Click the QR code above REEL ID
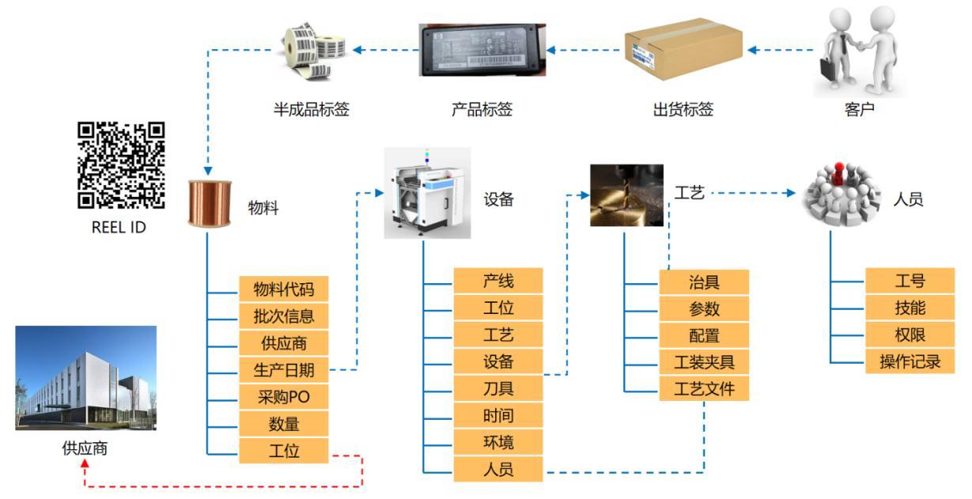[121, 164]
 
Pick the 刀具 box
[498, 388]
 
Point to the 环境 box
[498, 442]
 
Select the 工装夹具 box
[703, 362]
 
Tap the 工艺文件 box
[703, 389]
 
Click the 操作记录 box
[910, 362]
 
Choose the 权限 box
[910, 335]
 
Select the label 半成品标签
[311, 110]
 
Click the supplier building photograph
[85, 378]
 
